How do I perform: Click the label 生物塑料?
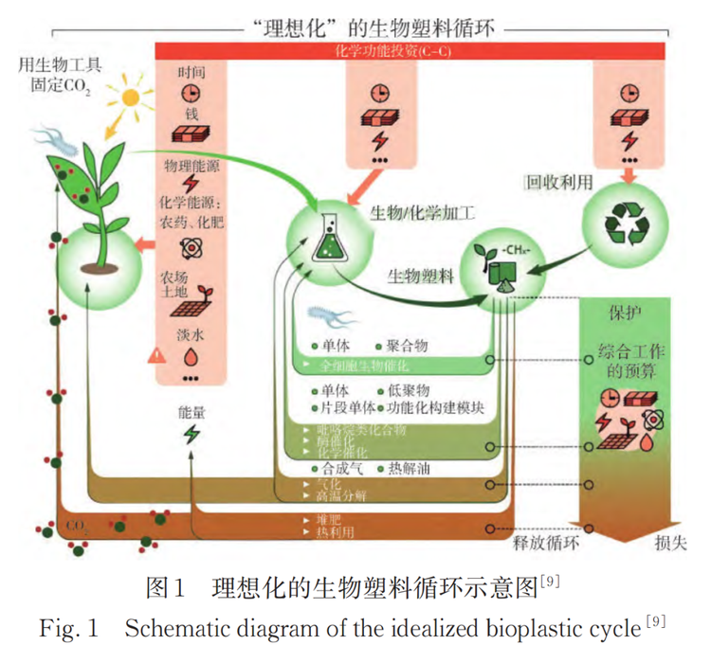pos(420,276)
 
